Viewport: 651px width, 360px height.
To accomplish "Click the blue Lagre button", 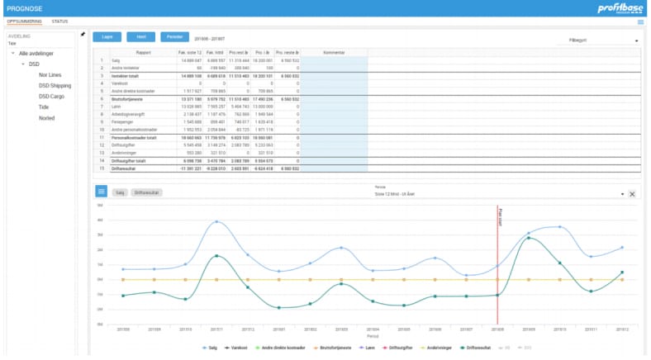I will click(107, 37).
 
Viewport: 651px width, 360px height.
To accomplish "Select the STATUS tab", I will click(59, 21).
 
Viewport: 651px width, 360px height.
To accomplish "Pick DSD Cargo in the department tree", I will click(53, 96).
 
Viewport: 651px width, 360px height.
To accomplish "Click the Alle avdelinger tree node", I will click(36, 53).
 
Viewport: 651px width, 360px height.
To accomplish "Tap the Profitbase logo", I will click(620, 8).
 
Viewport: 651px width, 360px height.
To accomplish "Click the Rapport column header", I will click(142, 51).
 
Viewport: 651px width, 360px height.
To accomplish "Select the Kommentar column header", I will click(333, 51).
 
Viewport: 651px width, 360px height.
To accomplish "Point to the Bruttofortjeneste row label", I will click(130, 98).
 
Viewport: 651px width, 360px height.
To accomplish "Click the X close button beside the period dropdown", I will click(632, 194).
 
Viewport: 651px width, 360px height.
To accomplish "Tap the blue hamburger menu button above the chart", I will click(101, 192).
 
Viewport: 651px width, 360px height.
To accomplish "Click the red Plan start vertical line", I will click(497, 264).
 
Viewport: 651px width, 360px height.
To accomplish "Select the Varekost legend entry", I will click(240, 348).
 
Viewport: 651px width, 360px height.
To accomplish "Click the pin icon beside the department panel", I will click(83, 35).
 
